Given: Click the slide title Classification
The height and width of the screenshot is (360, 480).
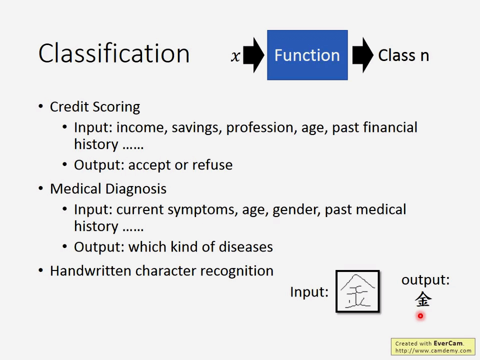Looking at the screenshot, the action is point(114,53).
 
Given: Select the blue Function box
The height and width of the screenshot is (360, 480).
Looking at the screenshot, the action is point(307,55).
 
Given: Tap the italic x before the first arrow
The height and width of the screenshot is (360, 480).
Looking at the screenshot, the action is point(235,56).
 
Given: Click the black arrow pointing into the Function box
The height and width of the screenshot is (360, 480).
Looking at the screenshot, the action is point(254,55).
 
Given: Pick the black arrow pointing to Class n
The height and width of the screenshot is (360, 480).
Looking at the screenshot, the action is point(363,55).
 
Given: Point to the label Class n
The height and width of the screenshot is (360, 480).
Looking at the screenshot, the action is point(403,55).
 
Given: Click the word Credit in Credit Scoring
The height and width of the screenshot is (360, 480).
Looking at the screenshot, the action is point(69,107).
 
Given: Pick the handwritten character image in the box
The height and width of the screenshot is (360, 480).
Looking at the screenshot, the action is point(357,291).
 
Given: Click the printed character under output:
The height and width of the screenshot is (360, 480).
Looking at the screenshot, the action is point(423,299).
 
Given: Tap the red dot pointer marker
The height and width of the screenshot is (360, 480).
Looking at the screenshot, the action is point(420,316).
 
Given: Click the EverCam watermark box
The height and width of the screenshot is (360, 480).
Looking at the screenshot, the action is point(433,347).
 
